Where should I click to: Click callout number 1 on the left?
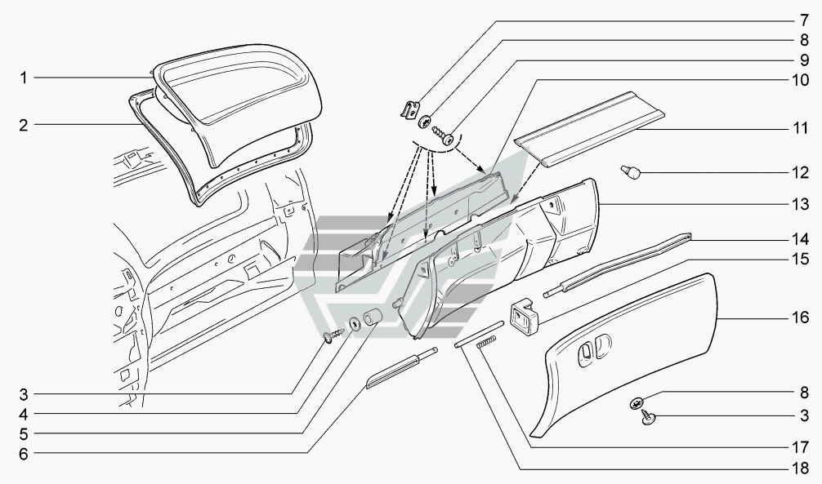click(24, 78)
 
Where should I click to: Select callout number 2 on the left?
click(24, 126)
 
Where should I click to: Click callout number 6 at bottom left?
click(24, 453)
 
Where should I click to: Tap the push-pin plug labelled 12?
click(632, 171)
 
